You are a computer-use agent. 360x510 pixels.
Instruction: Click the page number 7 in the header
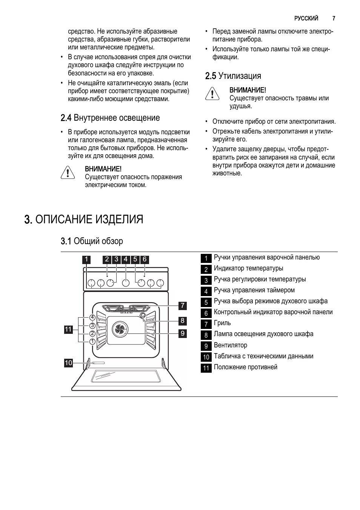tap(334, 18)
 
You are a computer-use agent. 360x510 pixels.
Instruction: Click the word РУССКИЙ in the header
tap(306, 18)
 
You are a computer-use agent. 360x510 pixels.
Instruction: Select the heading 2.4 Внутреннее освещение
tap(110, 118)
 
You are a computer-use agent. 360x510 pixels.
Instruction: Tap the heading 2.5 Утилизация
tap(233, 76)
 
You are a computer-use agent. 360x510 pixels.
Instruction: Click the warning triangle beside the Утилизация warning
tap(212, 93)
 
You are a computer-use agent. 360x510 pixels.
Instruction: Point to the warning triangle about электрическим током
tap(68, 172)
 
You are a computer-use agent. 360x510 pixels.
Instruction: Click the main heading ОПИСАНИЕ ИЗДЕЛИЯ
tap(83, 219)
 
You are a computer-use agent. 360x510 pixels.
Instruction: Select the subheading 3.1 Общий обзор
tap(92, 241)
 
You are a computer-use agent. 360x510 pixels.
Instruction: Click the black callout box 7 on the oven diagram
tap(182, 305)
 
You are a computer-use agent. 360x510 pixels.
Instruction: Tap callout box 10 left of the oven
tap(68, 363)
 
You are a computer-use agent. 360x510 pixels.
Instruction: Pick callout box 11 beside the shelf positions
tap(68, 329)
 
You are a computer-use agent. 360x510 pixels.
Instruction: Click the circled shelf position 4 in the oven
tap(92, 318)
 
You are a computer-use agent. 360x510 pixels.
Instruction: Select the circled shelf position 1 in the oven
tap(92, 341)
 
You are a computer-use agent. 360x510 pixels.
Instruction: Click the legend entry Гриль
tap(222, 323)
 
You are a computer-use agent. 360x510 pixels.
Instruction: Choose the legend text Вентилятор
tap(231, 345)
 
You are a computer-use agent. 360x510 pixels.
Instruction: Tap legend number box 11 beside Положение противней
tap(206, 368)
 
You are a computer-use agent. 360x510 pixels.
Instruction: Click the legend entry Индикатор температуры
tap(248, 268)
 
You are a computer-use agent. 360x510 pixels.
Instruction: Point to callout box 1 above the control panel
tap(86, 259)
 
